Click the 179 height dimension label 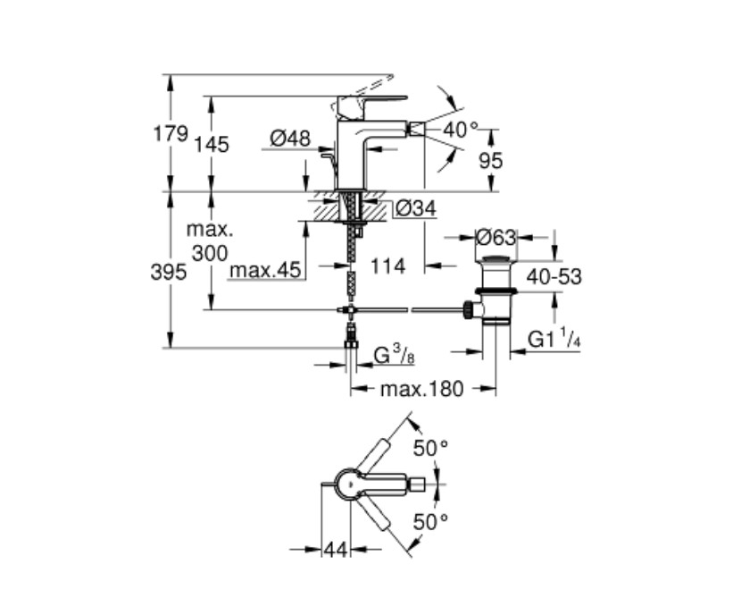171,134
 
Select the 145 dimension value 212,145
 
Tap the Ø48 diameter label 290,139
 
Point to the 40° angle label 461,130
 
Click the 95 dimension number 490,161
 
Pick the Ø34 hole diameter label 416,208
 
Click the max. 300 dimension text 210,241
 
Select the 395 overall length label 169,273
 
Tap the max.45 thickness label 265,270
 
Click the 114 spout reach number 388,266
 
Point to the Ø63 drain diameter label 495,237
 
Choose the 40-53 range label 554,277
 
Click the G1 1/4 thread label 554,339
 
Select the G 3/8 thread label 394,355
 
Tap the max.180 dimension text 422,390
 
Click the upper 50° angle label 430,448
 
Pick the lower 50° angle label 430,522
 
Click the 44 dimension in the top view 336,550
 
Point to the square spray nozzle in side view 416,128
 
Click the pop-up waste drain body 495,290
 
